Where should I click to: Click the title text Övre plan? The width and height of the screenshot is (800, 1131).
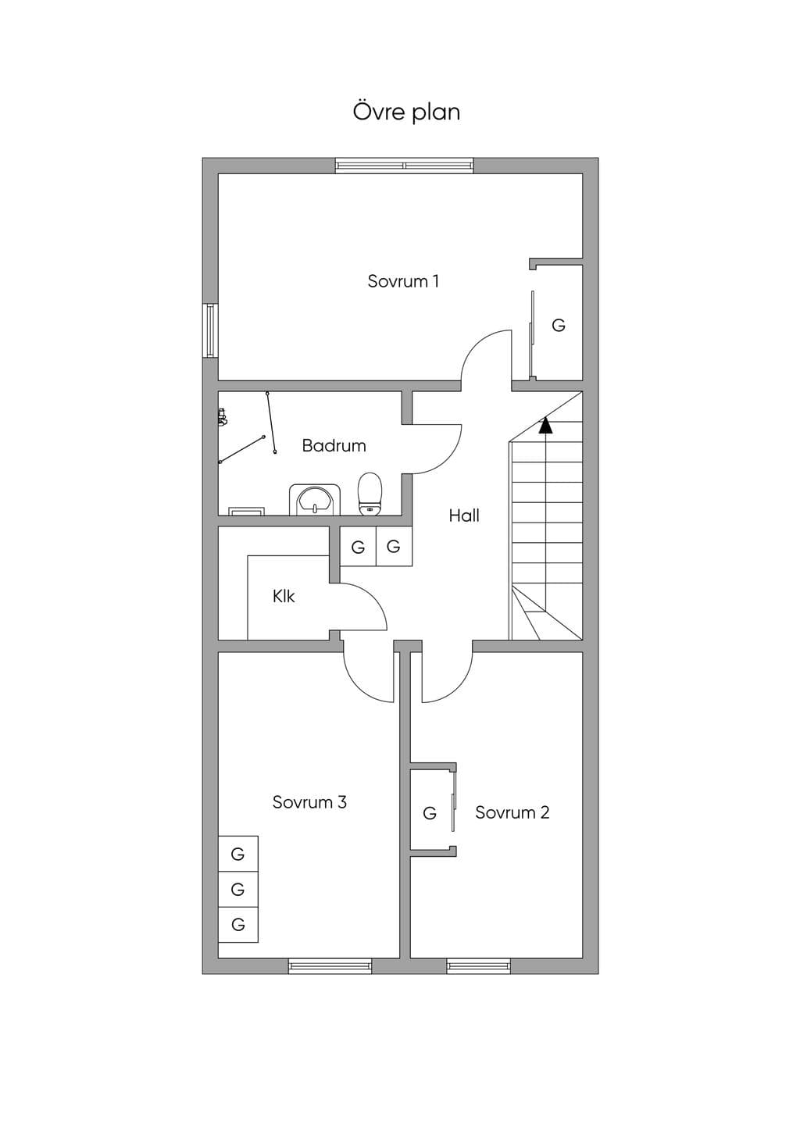click(x=406, y=112)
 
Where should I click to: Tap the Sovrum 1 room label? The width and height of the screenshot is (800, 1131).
click(x=403, y=281)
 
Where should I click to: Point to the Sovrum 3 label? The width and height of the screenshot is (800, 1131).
click(x=309, y=802)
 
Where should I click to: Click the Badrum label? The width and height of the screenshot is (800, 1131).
click(x=334, y=445)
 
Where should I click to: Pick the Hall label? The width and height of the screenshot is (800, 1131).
click(x=464, y=516)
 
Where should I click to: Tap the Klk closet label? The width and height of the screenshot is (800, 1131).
click(x=284, y=596)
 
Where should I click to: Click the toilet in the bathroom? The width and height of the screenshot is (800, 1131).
click(x=370, y=494)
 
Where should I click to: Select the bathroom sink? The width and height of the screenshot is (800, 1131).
click(x=315, y=499)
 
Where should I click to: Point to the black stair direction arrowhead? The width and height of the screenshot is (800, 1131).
click(x=545, y=426)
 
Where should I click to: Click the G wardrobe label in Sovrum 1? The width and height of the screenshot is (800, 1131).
click(x=558, y=325)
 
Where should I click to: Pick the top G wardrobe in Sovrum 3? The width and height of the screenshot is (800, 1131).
click(x=237, y=854)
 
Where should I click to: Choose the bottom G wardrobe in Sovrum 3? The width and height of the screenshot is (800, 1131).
click(x=237, y=925)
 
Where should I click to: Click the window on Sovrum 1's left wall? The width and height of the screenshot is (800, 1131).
click(x=210, y=330)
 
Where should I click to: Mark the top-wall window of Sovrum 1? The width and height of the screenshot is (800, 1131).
click(x=405, y=166)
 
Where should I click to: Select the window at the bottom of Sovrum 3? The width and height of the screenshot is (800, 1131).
click(x=330, y=966)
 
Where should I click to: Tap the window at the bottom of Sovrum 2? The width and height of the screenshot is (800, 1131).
click(x=478, y=966)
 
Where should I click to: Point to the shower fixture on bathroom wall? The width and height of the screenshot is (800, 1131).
click(x=221, y=418)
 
